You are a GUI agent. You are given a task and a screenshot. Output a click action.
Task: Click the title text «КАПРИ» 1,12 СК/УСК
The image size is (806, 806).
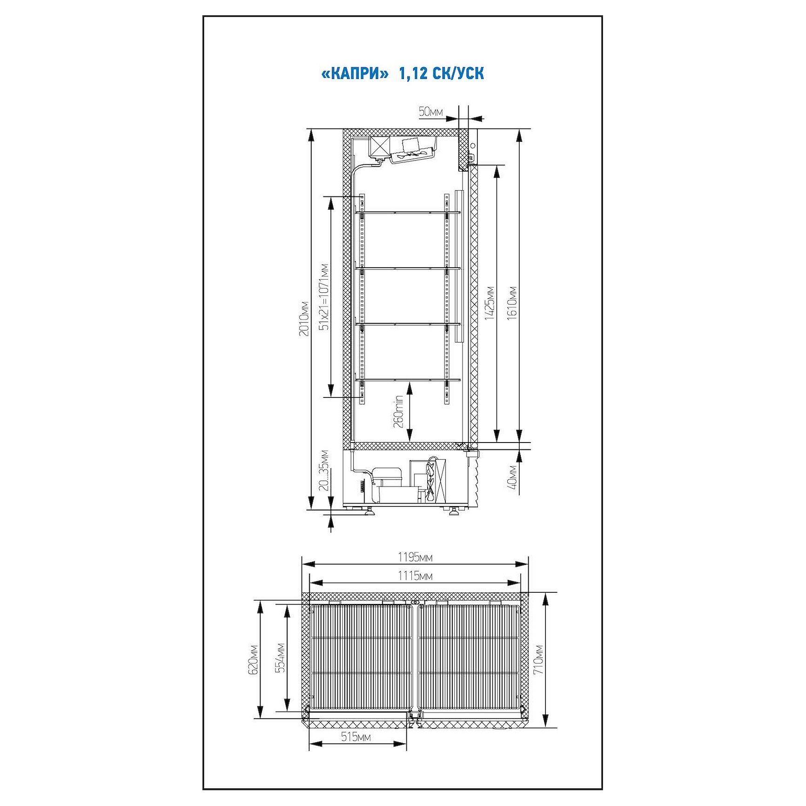pos(403,74)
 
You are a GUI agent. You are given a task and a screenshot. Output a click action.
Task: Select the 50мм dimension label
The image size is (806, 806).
pos(431,111)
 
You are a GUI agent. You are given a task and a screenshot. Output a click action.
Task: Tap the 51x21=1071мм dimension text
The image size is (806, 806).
pos(324,297)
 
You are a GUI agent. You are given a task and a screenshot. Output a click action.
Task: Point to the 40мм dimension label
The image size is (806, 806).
pos(512,477)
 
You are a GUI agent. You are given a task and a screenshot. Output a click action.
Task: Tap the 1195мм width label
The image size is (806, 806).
pos(415,557)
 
